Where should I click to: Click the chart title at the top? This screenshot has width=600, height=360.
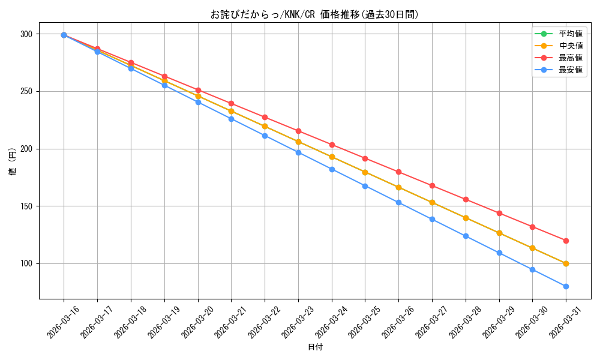(x=315, y=14)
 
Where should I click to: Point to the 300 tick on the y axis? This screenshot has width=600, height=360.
(x=26, y=34)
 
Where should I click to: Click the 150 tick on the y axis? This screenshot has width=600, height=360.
(x=26, y=206)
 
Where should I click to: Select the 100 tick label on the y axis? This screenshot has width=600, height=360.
(x=26, y=264)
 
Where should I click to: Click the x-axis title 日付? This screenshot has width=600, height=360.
(x=315, y=347)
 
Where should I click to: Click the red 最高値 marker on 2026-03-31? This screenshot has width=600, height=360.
(x=566, y=241)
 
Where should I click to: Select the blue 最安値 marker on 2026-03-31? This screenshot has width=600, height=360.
(x=566, y=286)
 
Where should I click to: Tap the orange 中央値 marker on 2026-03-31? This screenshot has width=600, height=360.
(x=566, y=263)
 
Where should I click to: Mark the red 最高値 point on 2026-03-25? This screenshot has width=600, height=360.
(x=365, y=158)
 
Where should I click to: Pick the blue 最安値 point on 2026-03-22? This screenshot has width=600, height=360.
(x=265, y=136)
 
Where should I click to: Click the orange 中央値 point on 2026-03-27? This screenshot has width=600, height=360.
(x=432, y=202)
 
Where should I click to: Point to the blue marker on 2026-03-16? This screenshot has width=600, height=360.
(x=64, y=35)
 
